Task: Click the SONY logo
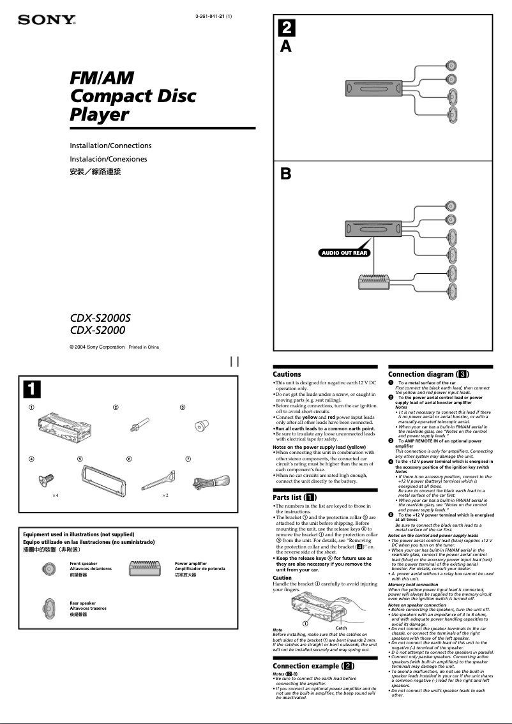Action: click(x=47, y=20)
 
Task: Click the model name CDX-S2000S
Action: click(x=104, y=317)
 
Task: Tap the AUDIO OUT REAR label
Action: click(x=344, y=253)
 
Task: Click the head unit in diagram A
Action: click(x=373, y=88)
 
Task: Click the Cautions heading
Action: click(x=287, y=374)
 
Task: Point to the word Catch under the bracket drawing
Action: click(x=341, y=628)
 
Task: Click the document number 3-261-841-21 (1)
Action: click(x=209, y=16)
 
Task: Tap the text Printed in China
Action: click(x=144, y=347)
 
